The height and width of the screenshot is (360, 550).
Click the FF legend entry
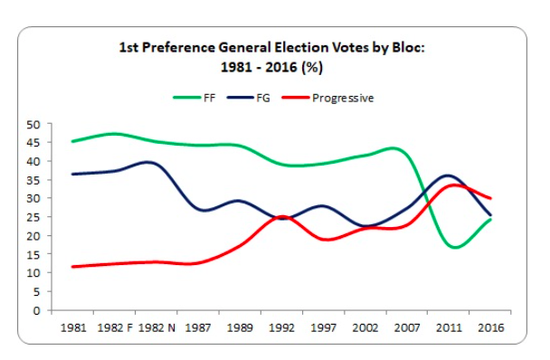(194, 98)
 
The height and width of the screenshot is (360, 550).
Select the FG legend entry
(249, 98)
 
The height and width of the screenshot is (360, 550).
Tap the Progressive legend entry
(328, 99)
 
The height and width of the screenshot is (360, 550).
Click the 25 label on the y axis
(33, 217)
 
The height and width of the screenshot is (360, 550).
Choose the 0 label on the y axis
(37, 310)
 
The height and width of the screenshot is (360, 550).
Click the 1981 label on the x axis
(73, 327)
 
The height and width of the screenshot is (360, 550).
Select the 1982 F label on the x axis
(115, 327)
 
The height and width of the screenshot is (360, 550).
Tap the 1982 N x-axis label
(156, 327)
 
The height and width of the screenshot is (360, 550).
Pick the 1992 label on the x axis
(281, 327)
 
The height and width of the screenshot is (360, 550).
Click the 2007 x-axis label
(407, 327)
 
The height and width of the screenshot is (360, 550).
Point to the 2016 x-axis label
(490, 327)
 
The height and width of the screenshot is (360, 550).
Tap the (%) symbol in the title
(311, 67)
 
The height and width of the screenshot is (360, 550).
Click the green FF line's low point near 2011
(455, 247)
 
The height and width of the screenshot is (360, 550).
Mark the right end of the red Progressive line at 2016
(490, 198)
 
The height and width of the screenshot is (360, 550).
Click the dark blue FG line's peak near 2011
(447, 175)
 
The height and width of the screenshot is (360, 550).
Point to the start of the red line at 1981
(72, 267)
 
